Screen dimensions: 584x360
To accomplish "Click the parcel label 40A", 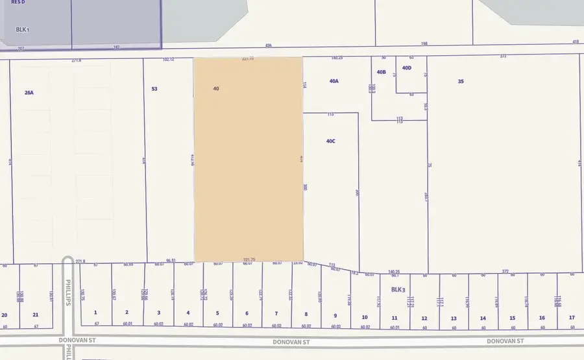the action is [334, 82].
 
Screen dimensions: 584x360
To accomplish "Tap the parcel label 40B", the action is [381, 72].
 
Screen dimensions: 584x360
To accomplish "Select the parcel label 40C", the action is [331, 141].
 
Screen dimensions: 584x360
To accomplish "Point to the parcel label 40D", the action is [407, 67].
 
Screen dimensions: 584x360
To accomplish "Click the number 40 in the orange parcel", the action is [216, 88].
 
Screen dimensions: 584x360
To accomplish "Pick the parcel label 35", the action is [461, 82].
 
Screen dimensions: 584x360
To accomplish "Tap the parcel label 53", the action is [154, 88].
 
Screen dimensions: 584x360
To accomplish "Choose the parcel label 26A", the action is [29, 93].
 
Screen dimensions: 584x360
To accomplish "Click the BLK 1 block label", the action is [24, 30].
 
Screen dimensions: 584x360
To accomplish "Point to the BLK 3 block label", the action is [398, 290].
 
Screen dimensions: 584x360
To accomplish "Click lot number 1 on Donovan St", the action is [95, 313].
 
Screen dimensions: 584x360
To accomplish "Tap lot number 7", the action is [276, 313].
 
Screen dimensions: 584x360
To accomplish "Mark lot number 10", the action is [365, 317].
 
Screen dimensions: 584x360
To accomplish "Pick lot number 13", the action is [454, 318].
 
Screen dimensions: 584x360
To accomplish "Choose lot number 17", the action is [571, 317].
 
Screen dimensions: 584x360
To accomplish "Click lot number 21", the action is [35, 315].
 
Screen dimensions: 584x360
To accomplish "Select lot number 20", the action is [5, 315].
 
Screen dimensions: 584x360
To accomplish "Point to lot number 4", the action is [188, 313].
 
